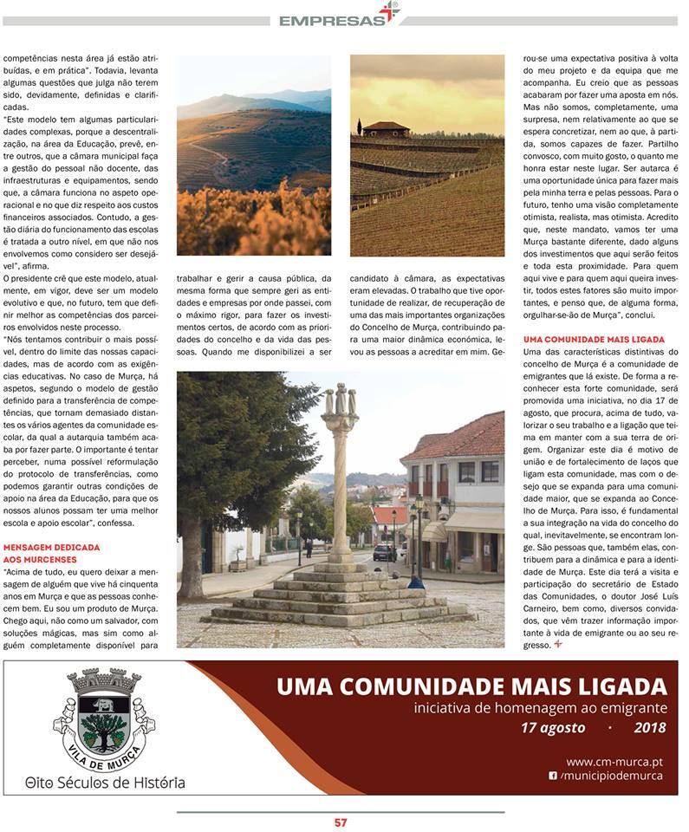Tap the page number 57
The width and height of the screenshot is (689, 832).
click(x=341, y=822)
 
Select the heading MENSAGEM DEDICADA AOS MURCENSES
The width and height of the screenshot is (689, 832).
click(x=52, y=554)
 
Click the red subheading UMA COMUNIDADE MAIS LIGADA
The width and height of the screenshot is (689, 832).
click(x=595, y=340)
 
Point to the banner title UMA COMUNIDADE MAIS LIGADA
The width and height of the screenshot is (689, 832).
click(x=471, y=687)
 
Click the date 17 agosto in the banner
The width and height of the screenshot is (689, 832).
click(x=552, y=728)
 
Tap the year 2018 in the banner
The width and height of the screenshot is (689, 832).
click(x=649, y=728)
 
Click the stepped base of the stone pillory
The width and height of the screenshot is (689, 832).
click(x=338, y=598)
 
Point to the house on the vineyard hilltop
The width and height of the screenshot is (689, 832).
click(x=386, y=130)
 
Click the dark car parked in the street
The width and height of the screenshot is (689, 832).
click(x=383, y=552)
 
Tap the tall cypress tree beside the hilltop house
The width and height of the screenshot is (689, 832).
click(x=359, y=127)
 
